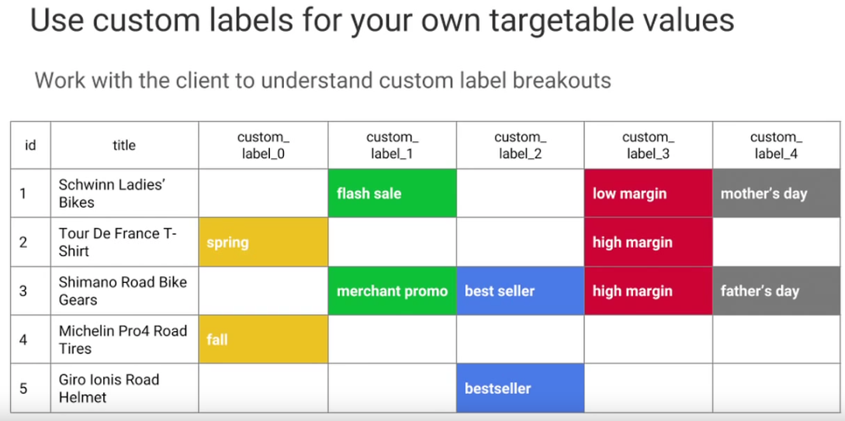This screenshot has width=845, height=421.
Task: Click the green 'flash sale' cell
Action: click(393, 193)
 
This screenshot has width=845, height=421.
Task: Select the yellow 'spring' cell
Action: click(264, 242)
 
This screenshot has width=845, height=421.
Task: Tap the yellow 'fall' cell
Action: click(264, 339)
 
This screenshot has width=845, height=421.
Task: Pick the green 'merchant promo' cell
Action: click(393, 291)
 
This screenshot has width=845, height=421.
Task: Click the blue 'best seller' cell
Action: click(521, 291)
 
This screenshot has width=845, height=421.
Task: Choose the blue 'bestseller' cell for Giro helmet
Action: click(521, 388)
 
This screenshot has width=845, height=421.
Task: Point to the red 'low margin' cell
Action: click(649, 193)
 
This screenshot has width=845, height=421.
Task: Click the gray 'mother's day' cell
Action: click(777, 193)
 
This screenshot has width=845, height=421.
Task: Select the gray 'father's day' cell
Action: click(777, 291)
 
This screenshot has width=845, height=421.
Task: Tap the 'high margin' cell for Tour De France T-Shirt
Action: click(649, 242)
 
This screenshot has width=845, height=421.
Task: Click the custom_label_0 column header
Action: click(264, 145)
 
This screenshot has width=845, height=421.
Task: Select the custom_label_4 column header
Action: click(777, 145)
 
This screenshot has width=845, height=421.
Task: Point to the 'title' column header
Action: click(124, 145)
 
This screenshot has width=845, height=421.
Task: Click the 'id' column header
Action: click(31, 145)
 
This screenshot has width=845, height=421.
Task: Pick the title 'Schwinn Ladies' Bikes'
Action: click(112, 193)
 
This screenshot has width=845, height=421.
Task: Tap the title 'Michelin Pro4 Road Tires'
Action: click(123, 339)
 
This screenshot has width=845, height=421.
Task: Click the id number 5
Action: click(23, 388)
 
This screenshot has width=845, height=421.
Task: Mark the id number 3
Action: click(23, 291)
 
